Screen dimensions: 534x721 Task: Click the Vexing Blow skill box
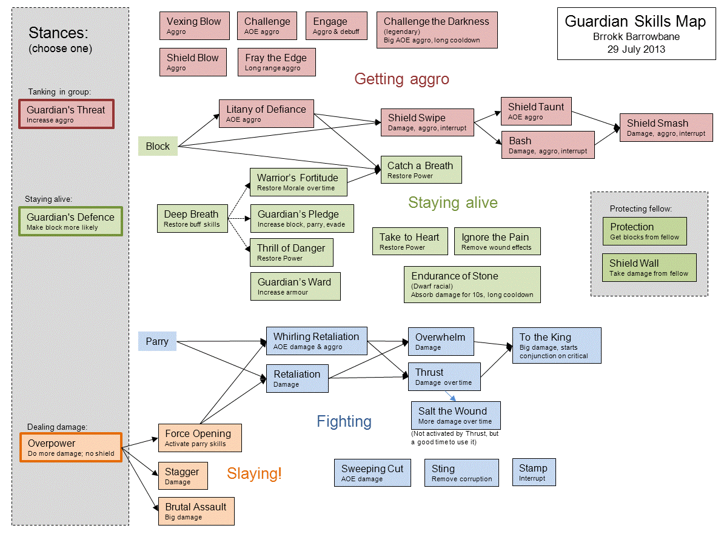pyautogui.click(x=194, y=26)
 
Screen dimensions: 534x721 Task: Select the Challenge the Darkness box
pyautogui.click(x=437, y=30)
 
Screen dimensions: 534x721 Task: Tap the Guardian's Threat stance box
pyautogui.click(x=66, y=114)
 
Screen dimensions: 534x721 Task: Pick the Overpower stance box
pyautogui.click(x=71, y=447)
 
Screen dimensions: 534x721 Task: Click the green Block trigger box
pyautogui.click(x=158, y=146)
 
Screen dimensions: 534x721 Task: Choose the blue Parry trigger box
pyautogui.click(x=157, y=341)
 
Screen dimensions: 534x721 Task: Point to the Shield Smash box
pyautogui.click(x=666, y=127)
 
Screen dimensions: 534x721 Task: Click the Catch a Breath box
pyautogui.click(x=421, y=170)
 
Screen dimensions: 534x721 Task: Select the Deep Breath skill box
pyautogui.click(x=192, y=218)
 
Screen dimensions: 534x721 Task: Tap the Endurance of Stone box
pyautogui.click(x=472, y=285)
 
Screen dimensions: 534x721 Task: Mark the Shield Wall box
pyautogui.click(x=649, y=267)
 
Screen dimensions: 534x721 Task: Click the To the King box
pyautogui.click(x=557, y=345)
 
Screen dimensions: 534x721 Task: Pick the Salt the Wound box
pyautogui.click(x=455, y=415)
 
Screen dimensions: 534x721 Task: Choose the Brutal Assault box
pyautogui.click(x=196, y=511)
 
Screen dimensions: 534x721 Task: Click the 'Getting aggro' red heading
pyautogui.click(x=401, y=79)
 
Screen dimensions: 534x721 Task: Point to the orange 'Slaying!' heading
pyautogui.click(x=254, y=473)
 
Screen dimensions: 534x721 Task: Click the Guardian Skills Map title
pyautogui.click(x=635, y=22)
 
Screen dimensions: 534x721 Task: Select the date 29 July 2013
pyautogui.click(x=635, y=50)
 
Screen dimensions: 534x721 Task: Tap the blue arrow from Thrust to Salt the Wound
pyautogui.click(x=451, y=395)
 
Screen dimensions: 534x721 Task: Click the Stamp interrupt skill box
pyautogui.click(x=533, y=472)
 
